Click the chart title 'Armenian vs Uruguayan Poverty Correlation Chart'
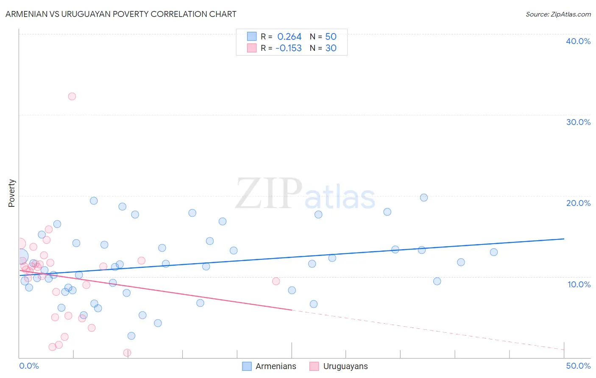click(x=121, y=14)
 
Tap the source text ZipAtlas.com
click(x=558, y=14)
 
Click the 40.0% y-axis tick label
click(x=578, y=41)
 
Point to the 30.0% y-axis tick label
click(x=578, y=122)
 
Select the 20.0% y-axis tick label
click(x=578, y=203)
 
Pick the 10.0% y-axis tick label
click(x=579, y=284)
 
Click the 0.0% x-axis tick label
click(x=29, y=366)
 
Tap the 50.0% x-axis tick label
click(x=578, y=366)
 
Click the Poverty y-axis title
click(x=11, y=193)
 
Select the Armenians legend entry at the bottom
click(x=276, y=366)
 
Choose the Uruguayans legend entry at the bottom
click(x=345, y=366)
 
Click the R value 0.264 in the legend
click(x=289, y=37)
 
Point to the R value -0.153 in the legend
click(x=288, y=48)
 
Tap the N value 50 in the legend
click(x=331, y=37)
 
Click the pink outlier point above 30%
click(x=72, y=96)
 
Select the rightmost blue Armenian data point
click(x=494, y=252)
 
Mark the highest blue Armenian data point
click(x=424, y=197)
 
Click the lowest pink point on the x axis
click(x=127, y=353)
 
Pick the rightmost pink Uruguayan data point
click(x=276, y=281)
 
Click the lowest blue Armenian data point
click(x=131, y=336)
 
